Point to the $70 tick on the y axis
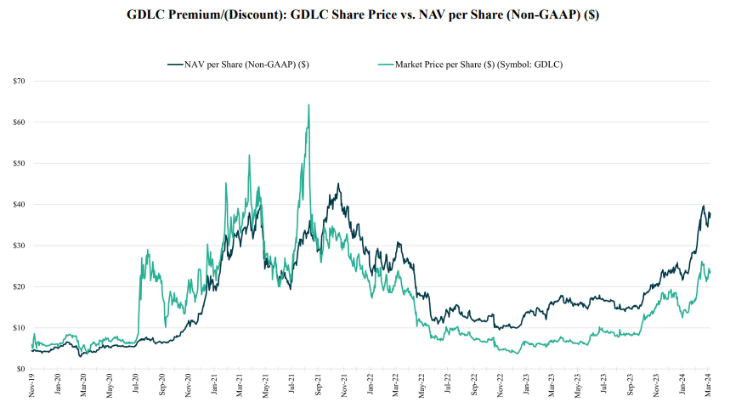(x=19, y=81)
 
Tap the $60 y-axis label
(x=19, y=122)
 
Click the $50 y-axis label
(x=19, y=163)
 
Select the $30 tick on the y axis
(x=19, y=246)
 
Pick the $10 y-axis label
(x=19, y=328)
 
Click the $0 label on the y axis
(x=20, y=369)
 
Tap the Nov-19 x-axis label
(x=32, y=387)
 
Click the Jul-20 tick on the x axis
(x=137, y=387)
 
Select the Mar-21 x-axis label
(x=241, y=387)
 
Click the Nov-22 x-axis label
(x=501, y=387)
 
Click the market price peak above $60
(x=308, y=105)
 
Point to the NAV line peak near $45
(x=338, y=184)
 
